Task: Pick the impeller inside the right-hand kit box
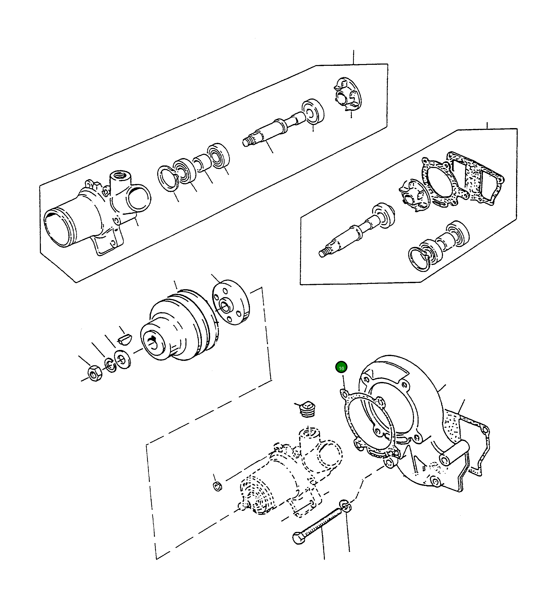[412, 195]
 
